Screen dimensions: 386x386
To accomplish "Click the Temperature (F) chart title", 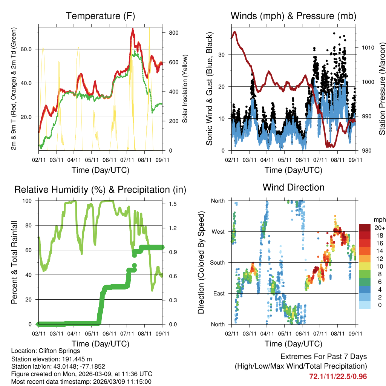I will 100,16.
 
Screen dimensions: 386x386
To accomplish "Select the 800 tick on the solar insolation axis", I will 173,33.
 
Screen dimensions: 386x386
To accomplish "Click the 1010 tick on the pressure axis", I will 368,47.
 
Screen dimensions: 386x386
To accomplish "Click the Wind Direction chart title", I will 293,187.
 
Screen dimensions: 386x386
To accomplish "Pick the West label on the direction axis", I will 218,231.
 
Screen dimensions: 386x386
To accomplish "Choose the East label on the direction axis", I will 218,293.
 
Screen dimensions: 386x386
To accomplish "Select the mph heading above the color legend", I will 379,219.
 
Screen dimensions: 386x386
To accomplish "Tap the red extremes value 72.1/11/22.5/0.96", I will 338,376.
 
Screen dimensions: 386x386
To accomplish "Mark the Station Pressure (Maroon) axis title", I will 382,89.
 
